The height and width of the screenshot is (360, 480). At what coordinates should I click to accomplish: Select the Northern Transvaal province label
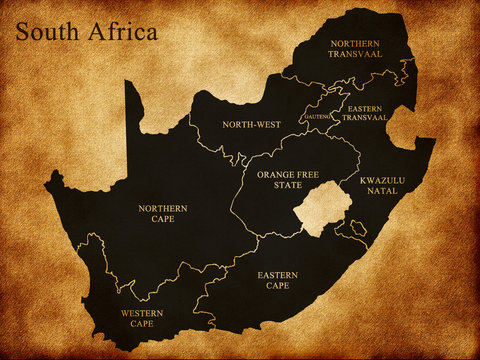pyautogui.click(x=354, y=49)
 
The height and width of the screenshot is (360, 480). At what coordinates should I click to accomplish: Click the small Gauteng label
pyautogui.click(x=317, y=118)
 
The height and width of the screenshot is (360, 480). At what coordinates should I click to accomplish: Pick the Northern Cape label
pyautogui.click(x=163, y=214)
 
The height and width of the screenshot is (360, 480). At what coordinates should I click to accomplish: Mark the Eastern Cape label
pyautogui.click(x=275, y=279)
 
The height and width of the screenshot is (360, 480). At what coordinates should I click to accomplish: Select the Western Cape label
pyautogui.click(x=143, y=319)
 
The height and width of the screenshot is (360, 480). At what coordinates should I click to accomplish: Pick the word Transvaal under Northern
pyautogui.click(x=354, y=54)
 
